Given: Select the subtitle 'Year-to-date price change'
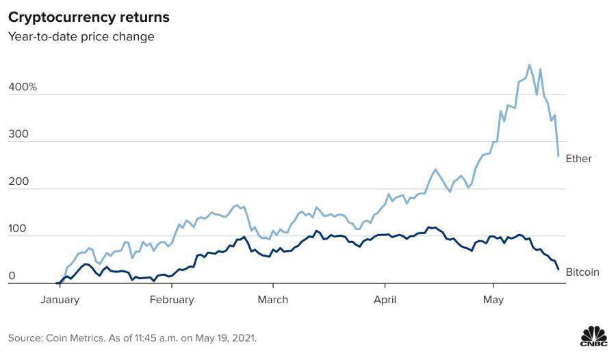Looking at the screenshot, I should tap(81, 36).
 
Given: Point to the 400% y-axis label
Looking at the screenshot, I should tap(23, 88).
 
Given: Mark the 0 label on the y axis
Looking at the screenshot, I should tap(12, 277).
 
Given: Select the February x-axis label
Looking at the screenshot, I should tap(171, 299).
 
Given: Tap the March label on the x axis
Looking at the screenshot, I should tap(272, 299).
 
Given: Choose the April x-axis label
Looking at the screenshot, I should tap(385, 299).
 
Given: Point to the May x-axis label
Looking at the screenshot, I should tap(493, 299).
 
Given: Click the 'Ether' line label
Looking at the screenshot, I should tap(578, 159).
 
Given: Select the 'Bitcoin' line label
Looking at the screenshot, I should tap(582, 272).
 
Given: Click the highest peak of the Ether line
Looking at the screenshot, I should tap(529, 65).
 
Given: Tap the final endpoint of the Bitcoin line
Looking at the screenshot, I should tap(559, 269).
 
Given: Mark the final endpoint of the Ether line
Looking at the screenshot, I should tap(559, 156).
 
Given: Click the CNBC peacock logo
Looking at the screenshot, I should tap(593, 337).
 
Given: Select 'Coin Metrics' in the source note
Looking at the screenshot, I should tap(72, 338).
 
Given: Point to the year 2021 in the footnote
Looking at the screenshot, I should tap(244, 338).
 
